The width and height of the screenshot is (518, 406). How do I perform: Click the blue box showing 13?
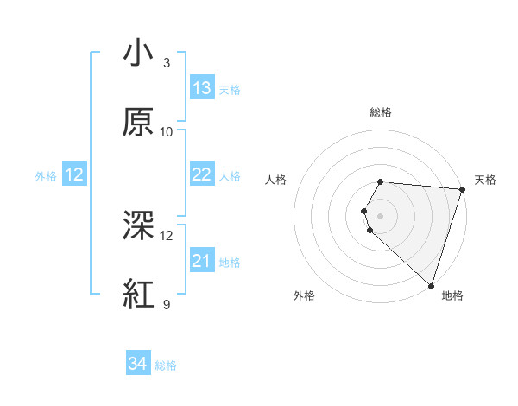[x=202, y=88]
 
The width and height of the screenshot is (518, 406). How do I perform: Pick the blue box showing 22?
[x=202, y=174]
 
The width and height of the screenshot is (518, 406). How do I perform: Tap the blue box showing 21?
[x=202, y=261]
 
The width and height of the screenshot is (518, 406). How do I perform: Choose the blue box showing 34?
[x=138, y=365]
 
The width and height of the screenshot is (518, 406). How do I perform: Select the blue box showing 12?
[x=74, y=174]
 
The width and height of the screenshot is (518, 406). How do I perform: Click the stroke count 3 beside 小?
[x=167, y=63]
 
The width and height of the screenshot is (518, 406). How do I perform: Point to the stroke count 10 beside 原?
[x=167, y=132]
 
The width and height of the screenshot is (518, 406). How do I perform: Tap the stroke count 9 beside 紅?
[x=167, y=304]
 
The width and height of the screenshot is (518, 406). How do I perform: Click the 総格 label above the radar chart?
[x=381, y=112]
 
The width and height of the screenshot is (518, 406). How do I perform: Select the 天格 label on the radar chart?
[x=485, y=180]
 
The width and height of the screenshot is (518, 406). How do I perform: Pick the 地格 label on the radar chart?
[x=452, y=295]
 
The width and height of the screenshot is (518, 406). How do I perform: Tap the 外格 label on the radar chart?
[x=304, y=295]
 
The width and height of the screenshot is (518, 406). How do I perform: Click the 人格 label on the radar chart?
[x=275, y=180]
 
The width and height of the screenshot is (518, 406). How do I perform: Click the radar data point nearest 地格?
[x=431, y=285]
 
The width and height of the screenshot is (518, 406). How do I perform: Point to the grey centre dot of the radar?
[x=381, y=215]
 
